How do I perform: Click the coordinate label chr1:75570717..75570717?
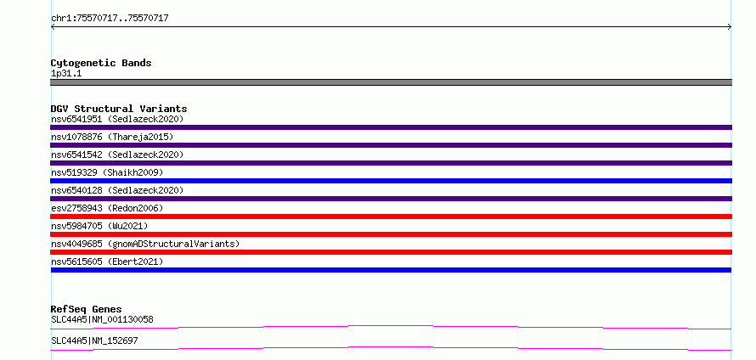(x=110, y=19)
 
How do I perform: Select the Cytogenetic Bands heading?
(x=101, y=63)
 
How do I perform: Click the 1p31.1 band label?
(x=66, y=74)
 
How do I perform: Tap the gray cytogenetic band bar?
(x=391, y=82)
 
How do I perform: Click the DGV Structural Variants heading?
(x=119, y=109)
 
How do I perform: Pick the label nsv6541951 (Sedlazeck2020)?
(x=117, y=119)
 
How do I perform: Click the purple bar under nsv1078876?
(x=391, y=145)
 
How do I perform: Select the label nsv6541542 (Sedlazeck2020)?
(x=117, y=155)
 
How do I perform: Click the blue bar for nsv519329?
(x=391, y=181)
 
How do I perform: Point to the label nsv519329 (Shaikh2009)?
(x=107, y=172)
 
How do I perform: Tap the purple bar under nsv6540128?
(x=391, y=199)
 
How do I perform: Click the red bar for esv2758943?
(x=391, y=217)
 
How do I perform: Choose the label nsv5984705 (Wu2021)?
(x=99, y=226)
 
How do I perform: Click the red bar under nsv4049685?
(x=391, y=252)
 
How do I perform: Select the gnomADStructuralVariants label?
(x=173, y=244)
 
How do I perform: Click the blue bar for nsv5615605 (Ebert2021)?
(x=391, y=270)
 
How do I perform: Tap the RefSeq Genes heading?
(x=87, y=309)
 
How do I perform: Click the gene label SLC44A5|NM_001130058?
(x=102, y=319)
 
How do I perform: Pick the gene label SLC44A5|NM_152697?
(x=94, y=340)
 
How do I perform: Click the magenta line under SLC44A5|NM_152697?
(x=391, y=348)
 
